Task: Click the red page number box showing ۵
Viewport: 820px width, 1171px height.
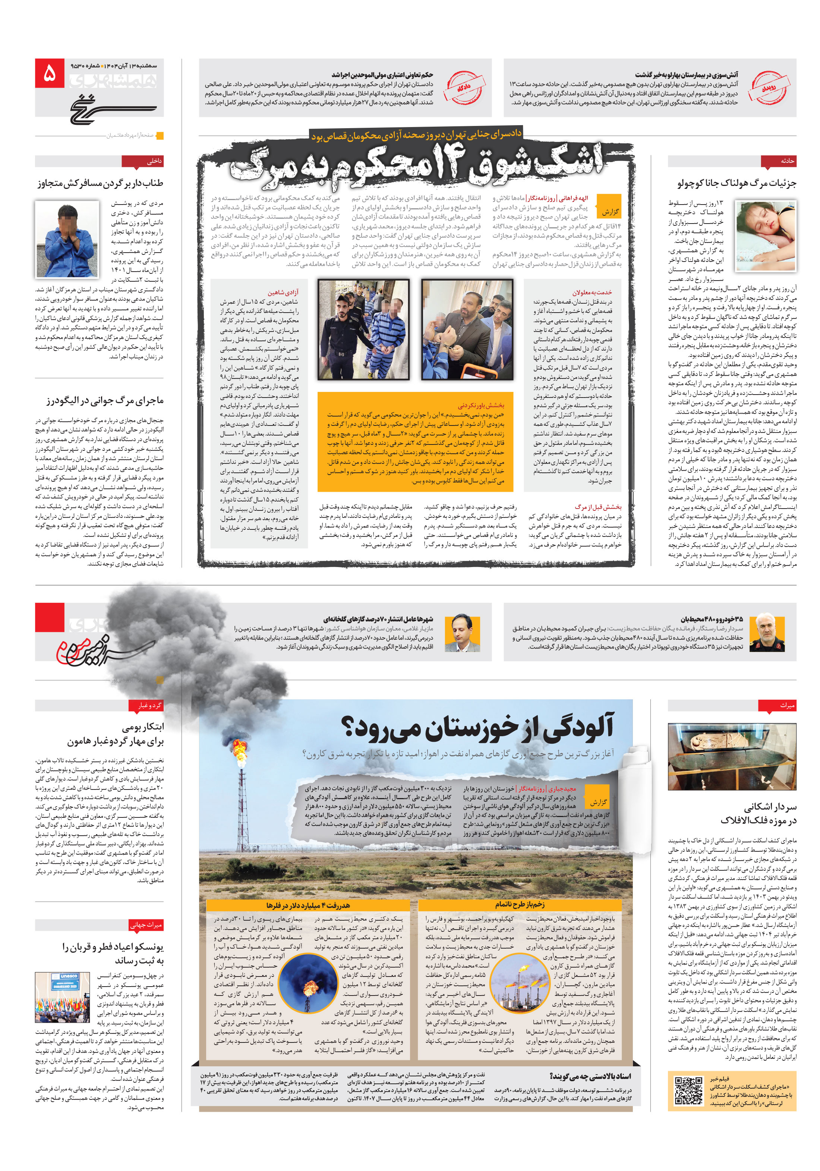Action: tap(50, 73)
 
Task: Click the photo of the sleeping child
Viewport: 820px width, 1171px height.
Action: tap(766, 235)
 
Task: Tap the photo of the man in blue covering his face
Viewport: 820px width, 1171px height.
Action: tap(67, 239)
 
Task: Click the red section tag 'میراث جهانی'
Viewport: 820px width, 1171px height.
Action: tap(146, 925)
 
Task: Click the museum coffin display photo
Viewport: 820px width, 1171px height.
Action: tap(731, 756)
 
